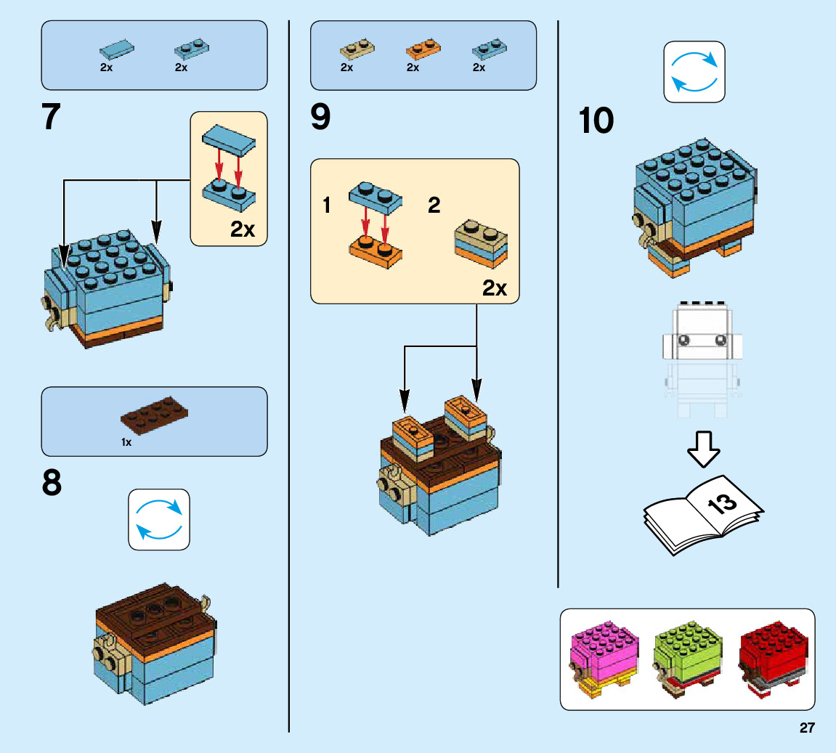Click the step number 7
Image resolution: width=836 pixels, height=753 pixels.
(x=51, y=118)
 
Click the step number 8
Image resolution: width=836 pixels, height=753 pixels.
(x=52, y=484)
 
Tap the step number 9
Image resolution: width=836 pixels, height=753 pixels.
(x=320, y=118)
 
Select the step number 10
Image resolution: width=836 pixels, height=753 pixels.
(x=596, y=121)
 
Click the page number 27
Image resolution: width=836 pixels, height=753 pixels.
(x=807, y=728)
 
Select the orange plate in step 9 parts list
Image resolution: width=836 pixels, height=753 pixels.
(x=418, y=50)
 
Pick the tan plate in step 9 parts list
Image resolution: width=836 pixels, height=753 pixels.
(x=357, y=49)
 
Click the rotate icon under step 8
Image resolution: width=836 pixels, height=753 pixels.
(x=159, y=519)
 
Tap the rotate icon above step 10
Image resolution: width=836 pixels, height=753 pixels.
(x=694, y=71)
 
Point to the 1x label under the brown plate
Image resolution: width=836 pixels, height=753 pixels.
(x=126, y=442)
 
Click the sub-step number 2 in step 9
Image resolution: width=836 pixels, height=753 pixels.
(x=434, y=205)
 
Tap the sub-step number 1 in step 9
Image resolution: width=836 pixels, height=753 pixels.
(x=327, y=205)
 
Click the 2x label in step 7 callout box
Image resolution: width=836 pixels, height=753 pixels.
(x=243, y=229)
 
